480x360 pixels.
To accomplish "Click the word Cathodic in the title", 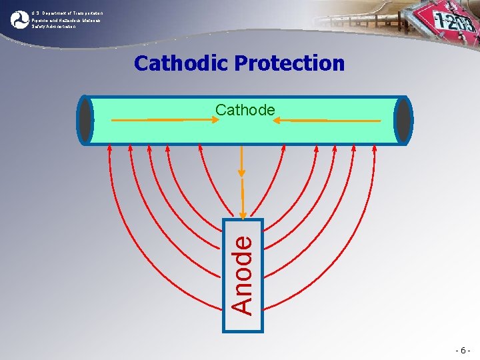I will (x=181, y=63).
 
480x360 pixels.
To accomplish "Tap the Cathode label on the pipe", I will (x=245, y=110).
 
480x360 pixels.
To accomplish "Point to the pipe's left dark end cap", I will (x=85, y=120).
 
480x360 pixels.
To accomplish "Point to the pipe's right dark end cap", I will (x=403, y=120).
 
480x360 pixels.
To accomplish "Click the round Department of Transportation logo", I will (x=19, y=19).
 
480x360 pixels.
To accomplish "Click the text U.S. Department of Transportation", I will (x=67, y=13).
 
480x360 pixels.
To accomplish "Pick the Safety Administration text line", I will (x=53, y=27).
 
